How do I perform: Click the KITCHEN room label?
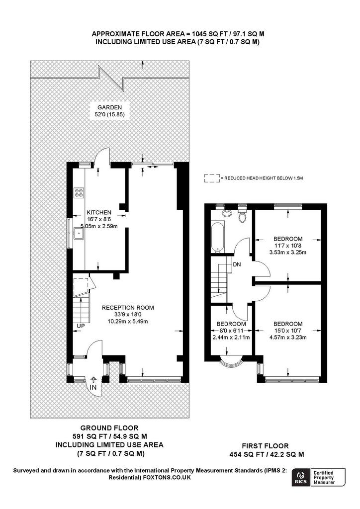[99, 212]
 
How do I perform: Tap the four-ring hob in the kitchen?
[79, 193]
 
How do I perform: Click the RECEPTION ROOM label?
[128, 307]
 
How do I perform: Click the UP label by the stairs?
[81, 326]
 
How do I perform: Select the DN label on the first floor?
[237, 264]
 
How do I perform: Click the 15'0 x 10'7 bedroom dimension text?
[288, 331]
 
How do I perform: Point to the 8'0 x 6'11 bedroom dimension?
[231, 331]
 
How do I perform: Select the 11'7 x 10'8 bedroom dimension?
[288, 246]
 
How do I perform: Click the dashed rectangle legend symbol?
[212, 178]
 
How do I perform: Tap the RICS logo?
[300, 478]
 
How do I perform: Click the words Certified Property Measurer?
[324, 478]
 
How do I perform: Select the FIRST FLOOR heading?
[265, 446]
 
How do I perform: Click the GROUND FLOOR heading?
[109, 428]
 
